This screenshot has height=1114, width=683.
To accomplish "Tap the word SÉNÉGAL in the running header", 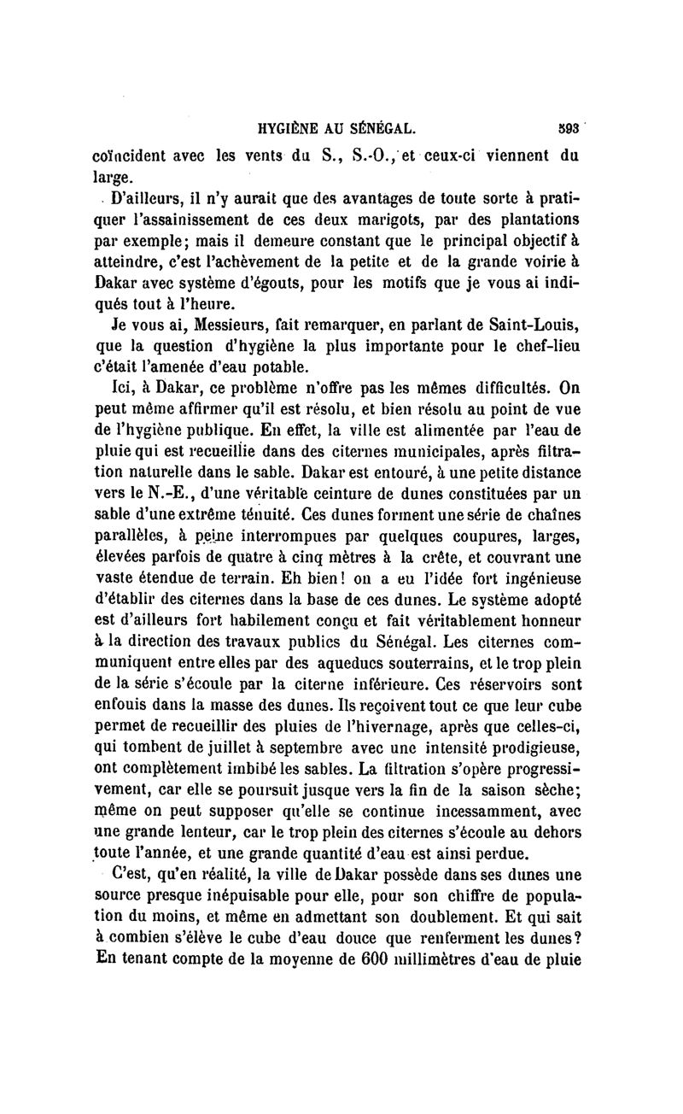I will click(x=381, y=130).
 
